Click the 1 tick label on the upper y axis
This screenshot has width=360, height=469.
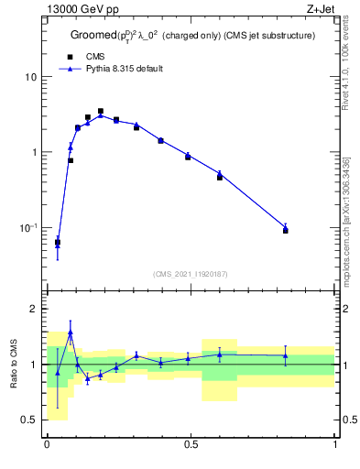click(34, 152)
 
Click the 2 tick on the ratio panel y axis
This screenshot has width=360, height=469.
click(34, 310)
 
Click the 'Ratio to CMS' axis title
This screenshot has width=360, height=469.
click(14, 365)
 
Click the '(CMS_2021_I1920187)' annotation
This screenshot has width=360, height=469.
click(191, 273)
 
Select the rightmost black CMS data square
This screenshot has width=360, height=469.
click(286, 230)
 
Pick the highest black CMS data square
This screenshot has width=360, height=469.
click(101, 111)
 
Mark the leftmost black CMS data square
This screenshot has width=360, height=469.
click(58, 242)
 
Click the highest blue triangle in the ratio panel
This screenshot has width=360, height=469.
click(71, 333)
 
